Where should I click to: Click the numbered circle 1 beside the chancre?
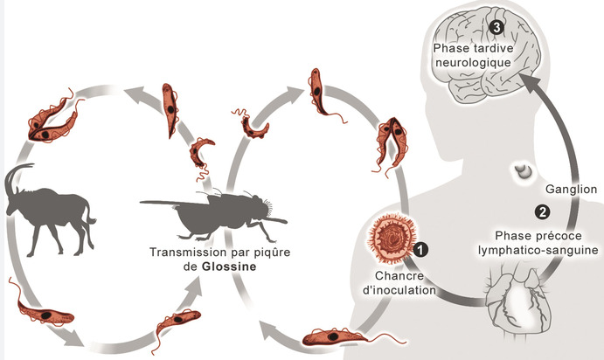pos(420,250)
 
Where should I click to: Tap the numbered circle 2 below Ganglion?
pos(542,211)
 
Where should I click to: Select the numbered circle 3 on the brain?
pos(496,27)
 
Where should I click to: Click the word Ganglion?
pos(572,190)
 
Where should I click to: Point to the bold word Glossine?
pos(229,267)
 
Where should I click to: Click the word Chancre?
pos(393,275)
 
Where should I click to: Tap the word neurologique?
pos(473,62)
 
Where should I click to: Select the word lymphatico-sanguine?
pos(538,250)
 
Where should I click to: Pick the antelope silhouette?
pos(48,210)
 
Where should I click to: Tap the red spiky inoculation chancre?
pos(392,239)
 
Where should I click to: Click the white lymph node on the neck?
pos(524,171)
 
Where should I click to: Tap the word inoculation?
pos(399,290)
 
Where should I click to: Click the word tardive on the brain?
pos(494,48)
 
